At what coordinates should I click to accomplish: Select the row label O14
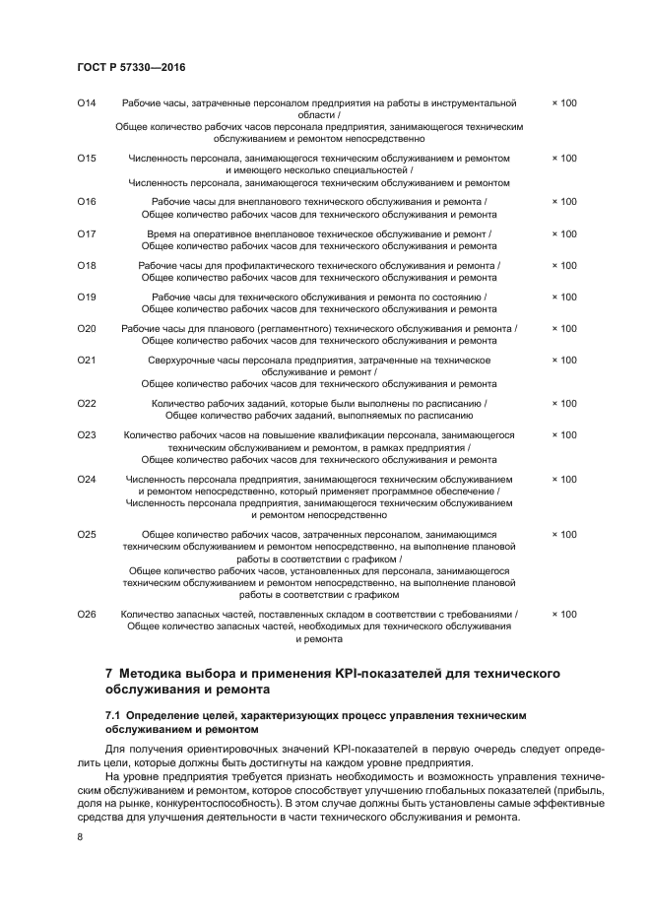click(87, 102)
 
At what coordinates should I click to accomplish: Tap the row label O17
click(87, 233)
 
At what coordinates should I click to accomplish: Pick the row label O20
click(87, 328)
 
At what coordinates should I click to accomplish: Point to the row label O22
click(87, 403)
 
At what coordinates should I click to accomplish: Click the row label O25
click(87, 534)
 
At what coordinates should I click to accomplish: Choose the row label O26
click(87, 614)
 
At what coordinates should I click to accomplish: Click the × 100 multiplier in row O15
click(564, 158)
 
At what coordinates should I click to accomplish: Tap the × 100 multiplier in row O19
click(564, 296)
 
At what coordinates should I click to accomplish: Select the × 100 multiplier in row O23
click(564, 434)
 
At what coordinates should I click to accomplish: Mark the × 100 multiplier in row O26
click(564, 614)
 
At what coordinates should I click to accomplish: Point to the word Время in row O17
click(162, 233)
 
